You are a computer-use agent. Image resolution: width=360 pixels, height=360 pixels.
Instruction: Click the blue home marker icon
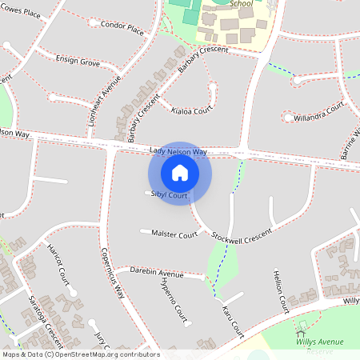180,173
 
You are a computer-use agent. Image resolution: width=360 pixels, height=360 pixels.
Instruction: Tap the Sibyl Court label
169,195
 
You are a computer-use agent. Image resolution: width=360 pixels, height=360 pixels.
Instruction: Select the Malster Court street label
174,234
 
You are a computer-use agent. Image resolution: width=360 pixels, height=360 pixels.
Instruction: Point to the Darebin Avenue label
156,273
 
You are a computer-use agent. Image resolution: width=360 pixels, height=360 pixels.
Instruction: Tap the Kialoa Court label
192,110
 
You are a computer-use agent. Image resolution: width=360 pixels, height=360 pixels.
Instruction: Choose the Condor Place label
122,27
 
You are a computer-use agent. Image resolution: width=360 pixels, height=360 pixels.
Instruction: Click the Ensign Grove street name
78,60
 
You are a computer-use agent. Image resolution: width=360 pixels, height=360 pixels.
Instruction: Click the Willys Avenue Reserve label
319,346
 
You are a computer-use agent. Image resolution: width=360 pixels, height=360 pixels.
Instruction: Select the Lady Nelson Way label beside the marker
178,151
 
